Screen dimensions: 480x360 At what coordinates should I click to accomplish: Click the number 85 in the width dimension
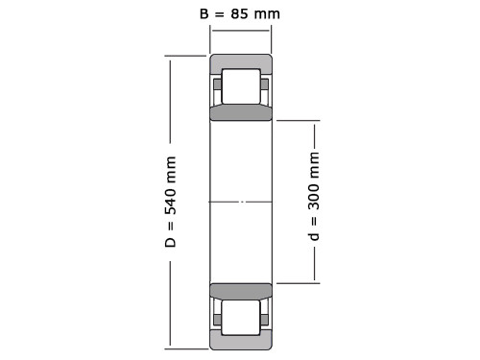point(239,13)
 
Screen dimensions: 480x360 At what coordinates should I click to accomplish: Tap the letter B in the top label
point(204,13)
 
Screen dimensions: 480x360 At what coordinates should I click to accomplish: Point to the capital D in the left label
point(171,242)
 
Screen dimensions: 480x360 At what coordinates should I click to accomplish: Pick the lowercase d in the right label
point(314,236)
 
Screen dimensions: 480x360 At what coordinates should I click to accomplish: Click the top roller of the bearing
point(241,86)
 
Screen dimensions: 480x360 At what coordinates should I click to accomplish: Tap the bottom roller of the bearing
point(241,318)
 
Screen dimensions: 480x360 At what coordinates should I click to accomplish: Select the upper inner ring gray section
point(241,112)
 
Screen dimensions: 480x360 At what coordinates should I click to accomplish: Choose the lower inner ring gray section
point(241,291)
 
